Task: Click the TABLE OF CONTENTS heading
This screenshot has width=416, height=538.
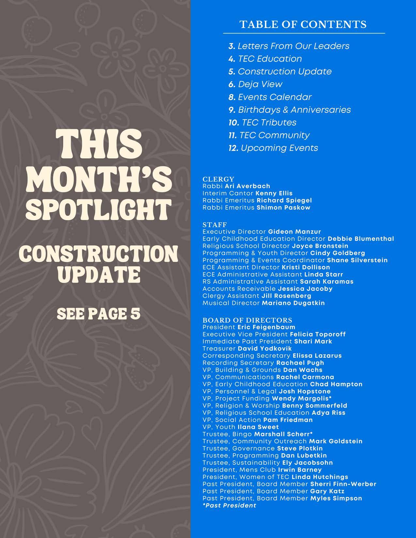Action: coord(303,24)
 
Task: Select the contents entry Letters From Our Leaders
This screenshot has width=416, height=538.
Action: coord(289,46)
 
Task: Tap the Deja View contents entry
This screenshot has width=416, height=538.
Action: coord(255,84)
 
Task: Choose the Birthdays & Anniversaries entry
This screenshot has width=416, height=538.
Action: coord(290,110)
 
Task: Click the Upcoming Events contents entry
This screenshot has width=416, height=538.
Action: coord(273,148)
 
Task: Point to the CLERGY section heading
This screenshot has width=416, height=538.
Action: coord(218,179)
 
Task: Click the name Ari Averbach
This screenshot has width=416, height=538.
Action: coord(248,186)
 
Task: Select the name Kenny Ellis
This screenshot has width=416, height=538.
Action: coord(274,193)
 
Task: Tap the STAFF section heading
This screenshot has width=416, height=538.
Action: coord(214,225)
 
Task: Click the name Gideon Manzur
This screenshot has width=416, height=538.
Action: coord(295,232)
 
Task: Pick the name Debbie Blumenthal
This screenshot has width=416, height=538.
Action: coord(361,239)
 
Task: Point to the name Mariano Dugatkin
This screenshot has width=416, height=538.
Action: coord(293,303)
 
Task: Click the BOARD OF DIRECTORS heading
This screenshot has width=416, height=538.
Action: coord(247,320)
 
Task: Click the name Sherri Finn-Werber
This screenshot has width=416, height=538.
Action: coord(343,484)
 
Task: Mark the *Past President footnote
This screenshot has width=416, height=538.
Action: coord(229,505)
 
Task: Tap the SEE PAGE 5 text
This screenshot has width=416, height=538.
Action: coord(99,314)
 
